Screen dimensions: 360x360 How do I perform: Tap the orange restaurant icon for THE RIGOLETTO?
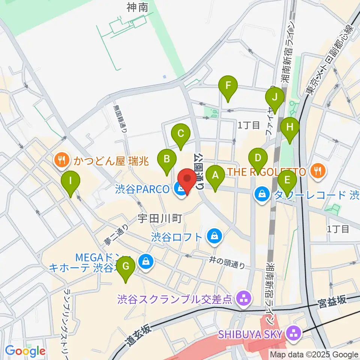(x=318, y=171)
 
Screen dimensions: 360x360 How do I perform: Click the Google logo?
(x=25, y=351)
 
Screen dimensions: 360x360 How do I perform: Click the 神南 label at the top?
(x=137, y=7)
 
